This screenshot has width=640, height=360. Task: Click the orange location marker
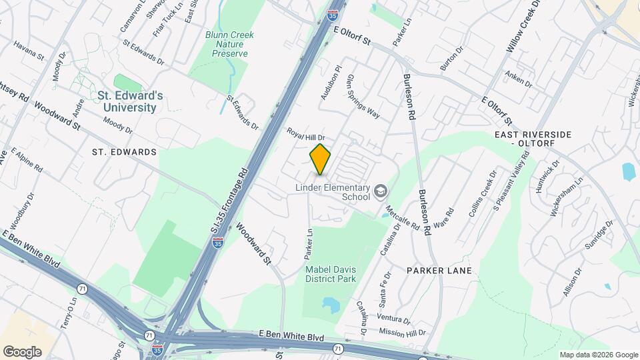pyautogui.click(x=321, y=159)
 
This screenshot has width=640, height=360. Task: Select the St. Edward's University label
pyautogui.click(x=130, y=101)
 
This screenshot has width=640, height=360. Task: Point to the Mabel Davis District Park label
pyautogui.click(x=331, y=274)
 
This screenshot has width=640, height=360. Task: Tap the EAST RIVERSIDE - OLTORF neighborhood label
pyautogui.click(x=542, y=139)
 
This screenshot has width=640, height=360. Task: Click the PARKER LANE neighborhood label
pyautogui.click(x=439, y=271)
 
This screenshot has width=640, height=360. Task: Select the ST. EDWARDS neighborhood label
pyautogui.click(x=125, y=152)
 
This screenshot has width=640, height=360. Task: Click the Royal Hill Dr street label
pyautogui.click(x=305, y=134)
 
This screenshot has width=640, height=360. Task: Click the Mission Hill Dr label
pyautogui.click(x=401, y=331)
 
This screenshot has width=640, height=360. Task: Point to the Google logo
pyautogui.click(x=22, y=351)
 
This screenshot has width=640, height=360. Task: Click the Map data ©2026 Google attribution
pyautogui.click(x=598, y=355)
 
